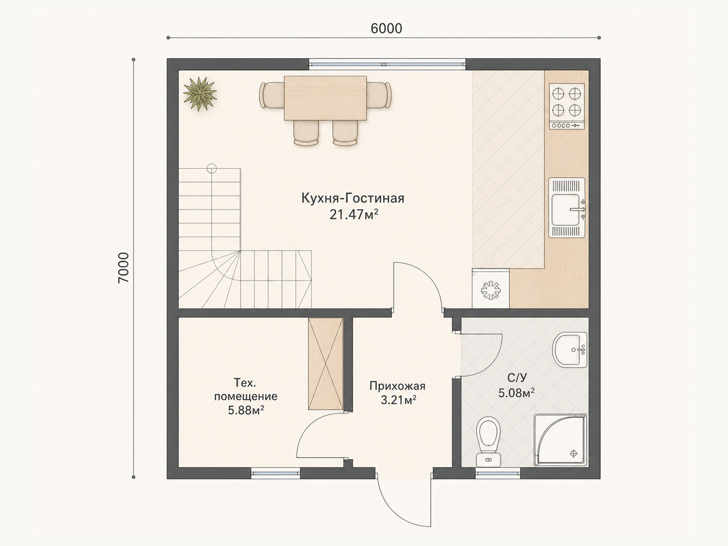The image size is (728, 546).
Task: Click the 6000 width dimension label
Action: click(x=386, y=29)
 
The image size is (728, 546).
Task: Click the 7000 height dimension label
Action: click(x=123, y=268)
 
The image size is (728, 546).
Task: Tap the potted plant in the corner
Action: click(x=200, y=94)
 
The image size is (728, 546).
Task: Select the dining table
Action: click(x=325, y=98)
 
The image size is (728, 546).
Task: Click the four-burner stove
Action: click(x=567, y=106)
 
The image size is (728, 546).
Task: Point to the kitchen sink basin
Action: click(x=567, y=209)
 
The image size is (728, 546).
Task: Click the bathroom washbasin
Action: click(x=569, y=350)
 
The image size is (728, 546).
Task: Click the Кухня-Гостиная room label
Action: click(x=353, y=198)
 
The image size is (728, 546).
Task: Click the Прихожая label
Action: click(x=397, y=386)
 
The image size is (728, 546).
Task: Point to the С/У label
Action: click(x=517, y=377)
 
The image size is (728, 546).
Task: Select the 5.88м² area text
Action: click(x=246, y=410)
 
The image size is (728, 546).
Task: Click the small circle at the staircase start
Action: click(x=212, y=169)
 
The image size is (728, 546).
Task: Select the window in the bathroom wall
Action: click(x=498, y=473)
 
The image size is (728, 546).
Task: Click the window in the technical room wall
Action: click(x=275, y=473)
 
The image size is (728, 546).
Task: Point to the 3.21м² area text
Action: click(x=398, y=400)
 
